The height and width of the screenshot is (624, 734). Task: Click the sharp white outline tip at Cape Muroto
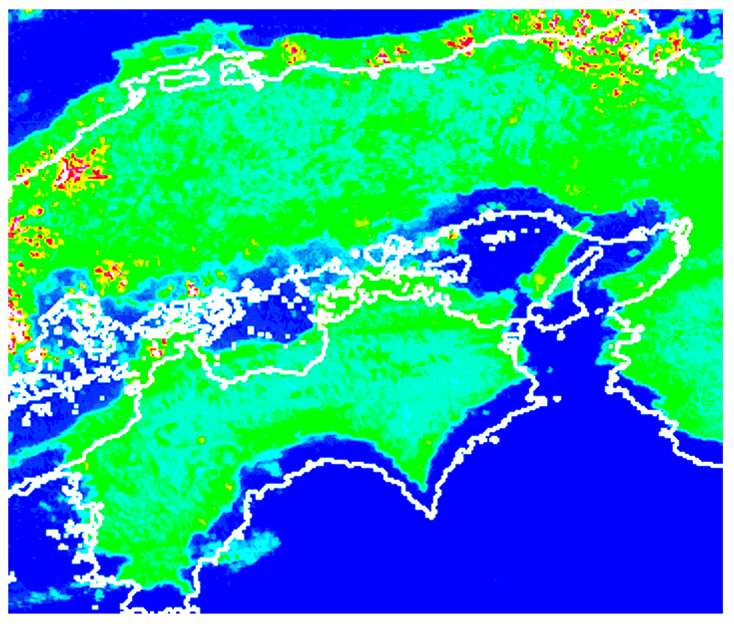(430, 516)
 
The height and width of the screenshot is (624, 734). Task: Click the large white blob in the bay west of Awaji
(499, 237)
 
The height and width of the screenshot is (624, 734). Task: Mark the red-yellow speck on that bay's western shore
(453, 235)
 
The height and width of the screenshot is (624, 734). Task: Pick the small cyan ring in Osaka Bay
(634, 253)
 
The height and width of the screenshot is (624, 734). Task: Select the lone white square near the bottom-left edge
(95, 607)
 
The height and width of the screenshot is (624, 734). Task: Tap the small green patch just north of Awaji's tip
(583, 226)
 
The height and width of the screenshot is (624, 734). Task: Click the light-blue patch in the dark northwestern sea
(24, 97)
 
